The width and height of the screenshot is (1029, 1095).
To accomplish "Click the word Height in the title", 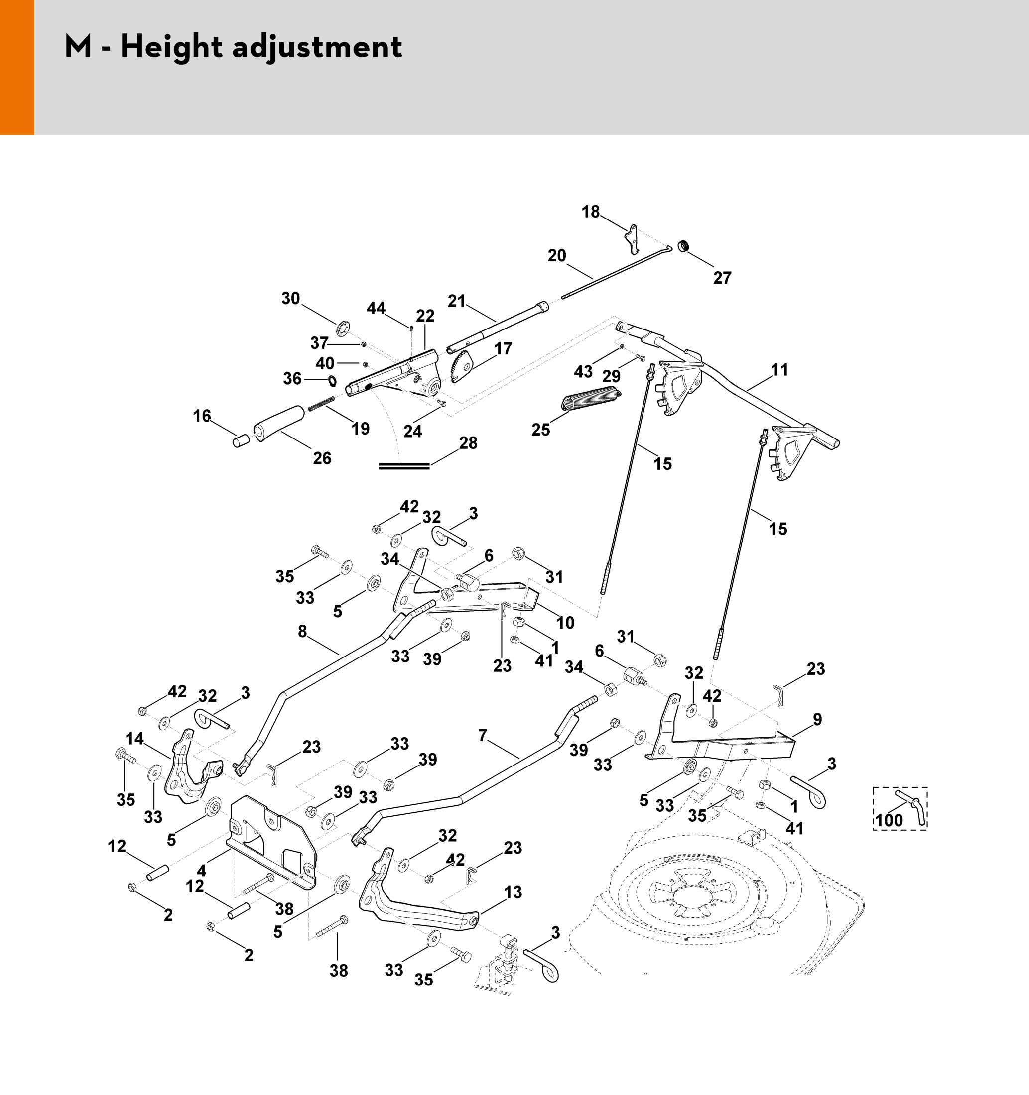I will click(x=171, y=47).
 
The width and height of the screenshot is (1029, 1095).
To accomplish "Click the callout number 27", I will click(x=722, y=278).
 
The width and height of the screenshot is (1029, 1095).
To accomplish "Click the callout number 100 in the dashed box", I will click(x=889, y=820).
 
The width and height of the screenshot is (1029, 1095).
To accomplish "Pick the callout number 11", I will click(x=779, y=370).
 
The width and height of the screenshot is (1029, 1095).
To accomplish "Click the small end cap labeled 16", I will click(x=240, y=441).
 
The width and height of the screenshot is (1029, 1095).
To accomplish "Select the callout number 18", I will click(x=591, y=212).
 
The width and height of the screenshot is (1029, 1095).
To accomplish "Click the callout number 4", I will click(x=202, y=871).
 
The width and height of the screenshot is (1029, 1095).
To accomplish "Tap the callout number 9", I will click(x=817, y=719).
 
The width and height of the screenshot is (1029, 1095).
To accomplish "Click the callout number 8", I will click(x=302, y=632).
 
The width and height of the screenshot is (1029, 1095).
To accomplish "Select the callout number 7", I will click(x=483, y=735).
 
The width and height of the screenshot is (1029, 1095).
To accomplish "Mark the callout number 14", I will click(x=134, y=739).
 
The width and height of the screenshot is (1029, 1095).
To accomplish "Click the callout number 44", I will click(x=376, y=308).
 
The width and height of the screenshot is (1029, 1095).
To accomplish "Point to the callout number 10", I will click(x=565, y=623).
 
